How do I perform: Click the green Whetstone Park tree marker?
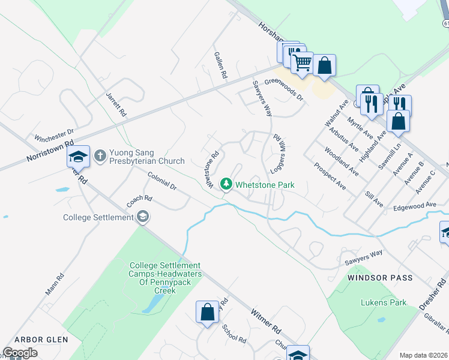click(226, 184)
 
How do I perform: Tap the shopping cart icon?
click(302, 62)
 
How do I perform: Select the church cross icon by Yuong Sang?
click(100, 155)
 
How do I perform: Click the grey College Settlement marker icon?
click(143, 217)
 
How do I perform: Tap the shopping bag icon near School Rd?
click(207, 312)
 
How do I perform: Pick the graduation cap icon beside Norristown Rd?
click(78, 157)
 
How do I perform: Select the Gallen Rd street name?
click(221, 65)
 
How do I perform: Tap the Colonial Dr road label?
click(161, 181)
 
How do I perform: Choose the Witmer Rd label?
click(266, 321)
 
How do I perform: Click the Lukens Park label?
click(384, 302)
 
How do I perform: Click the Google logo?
click(20, 353)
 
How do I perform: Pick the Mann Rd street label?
click(54, 285)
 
